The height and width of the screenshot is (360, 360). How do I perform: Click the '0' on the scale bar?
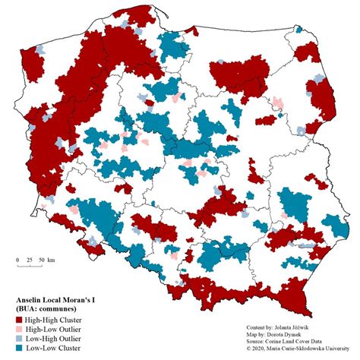point(17,260)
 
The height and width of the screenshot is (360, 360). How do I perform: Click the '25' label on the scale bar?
point(29,260)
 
